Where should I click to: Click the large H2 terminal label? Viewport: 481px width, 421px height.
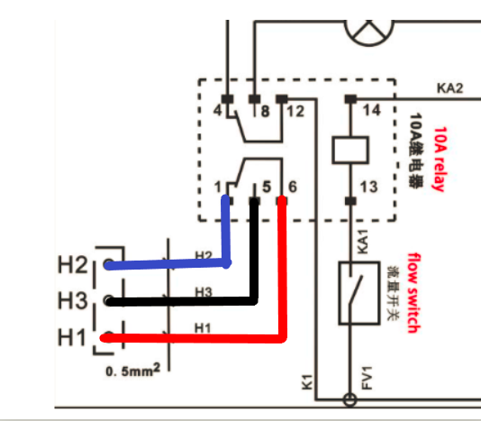(x=73, y=265)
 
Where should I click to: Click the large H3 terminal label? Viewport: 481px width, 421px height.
(x=73, y=300)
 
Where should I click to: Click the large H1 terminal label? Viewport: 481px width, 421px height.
(x=71, y=337)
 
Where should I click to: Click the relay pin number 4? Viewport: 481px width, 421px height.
(x=217, y=110)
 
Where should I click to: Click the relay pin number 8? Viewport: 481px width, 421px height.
(x=266, y=111)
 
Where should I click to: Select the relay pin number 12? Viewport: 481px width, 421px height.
(x=295, y=111)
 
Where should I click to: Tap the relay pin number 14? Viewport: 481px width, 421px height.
(x=371, y=110)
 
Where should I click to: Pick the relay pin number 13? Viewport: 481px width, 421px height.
(x=368, y=187)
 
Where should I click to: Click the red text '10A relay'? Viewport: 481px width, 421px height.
(x=440, y=159)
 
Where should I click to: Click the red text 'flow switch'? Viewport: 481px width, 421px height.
(x=413, y=293)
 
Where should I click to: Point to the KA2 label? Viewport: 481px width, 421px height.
(x=449, y=88)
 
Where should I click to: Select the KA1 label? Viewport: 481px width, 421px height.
(x=363, y=242)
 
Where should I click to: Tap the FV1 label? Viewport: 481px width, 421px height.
(x=367, y=378)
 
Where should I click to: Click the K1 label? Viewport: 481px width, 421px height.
(x=307, y=382)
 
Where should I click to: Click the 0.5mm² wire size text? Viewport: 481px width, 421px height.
(x=132, y=370)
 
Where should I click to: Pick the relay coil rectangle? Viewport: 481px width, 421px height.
(x=350, y=151)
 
